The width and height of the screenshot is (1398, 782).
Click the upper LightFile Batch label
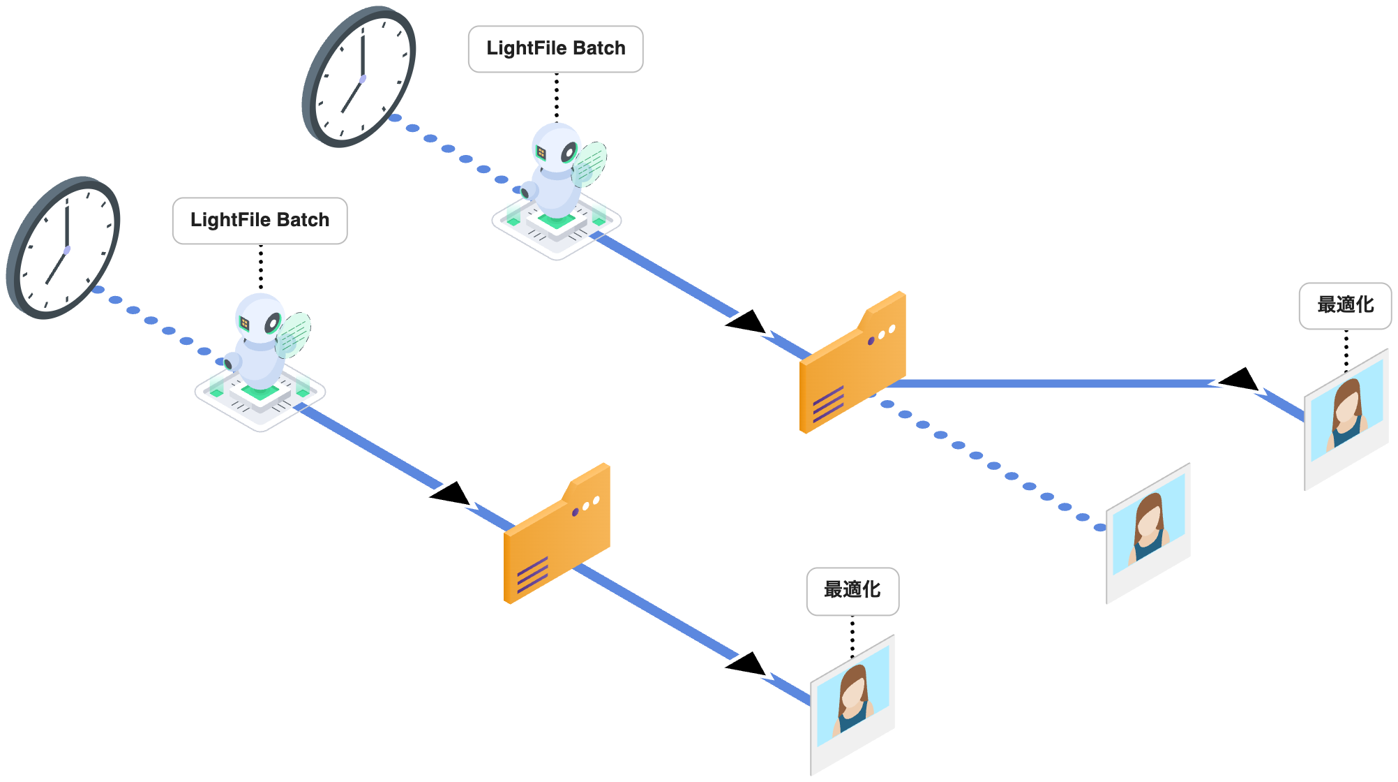555,49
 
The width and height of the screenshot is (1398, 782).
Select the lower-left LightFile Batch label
260,221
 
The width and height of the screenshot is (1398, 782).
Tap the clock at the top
360,77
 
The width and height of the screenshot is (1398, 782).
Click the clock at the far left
64,248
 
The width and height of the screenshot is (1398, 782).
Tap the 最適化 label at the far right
1345,305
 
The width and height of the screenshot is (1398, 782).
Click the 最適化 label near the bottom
852,591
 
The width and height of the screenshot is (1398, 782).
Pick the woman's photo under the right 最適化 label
1346,419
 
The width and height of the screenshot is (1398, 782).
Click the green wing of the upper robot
592,162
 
